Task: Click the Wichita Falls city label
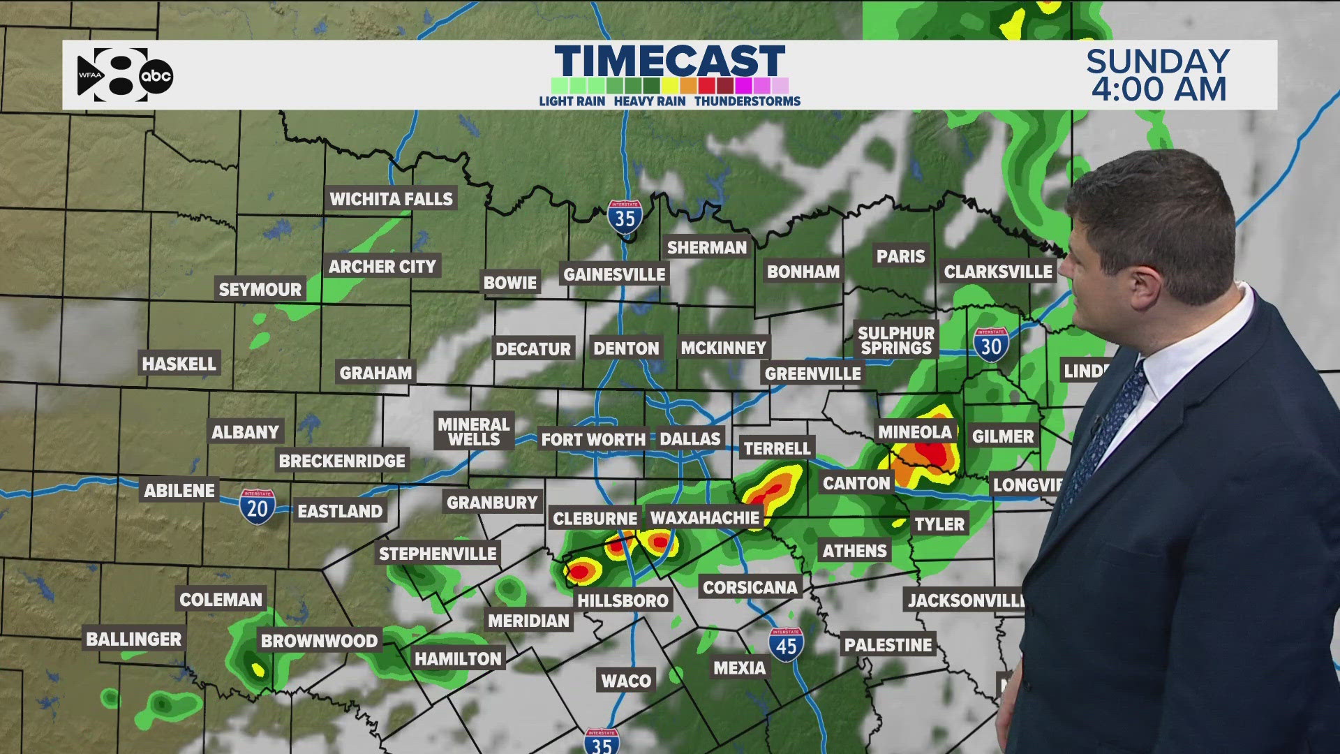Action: click(x=391, y=199)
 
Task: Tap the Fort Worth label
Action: click(x=593, y=439)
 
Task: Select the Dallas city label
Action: click(x=690, y=438)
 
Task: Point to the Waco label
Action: click(x=626, y=681)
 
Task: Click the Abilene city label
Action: click(x=179, y=490)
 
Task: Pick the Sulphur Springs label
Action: click(x=896, y=341)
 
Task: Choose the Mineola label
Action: click(x=914, y=432)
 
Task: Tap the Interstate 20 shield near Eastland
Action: click(x=258, y=506)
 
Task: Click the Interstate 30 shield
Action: click(x=991, y=345)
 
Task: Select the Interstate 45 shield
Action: click(x=786, y=645)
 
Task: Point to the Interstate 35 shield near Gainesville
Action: click(x=625, y=218)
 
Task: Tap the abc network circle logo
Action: click(x=156, y=76)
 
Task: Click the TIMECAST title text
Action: click(x=670, y=61)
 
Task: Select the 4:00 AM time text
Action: click(x=1159, y=89)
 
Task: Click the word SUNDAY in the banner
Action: click(x=1158, y=61)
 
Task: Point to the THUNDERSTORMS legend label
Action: click(x=747, y=101)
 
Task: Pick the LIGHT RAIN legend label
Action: click(x=572, y=101)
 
